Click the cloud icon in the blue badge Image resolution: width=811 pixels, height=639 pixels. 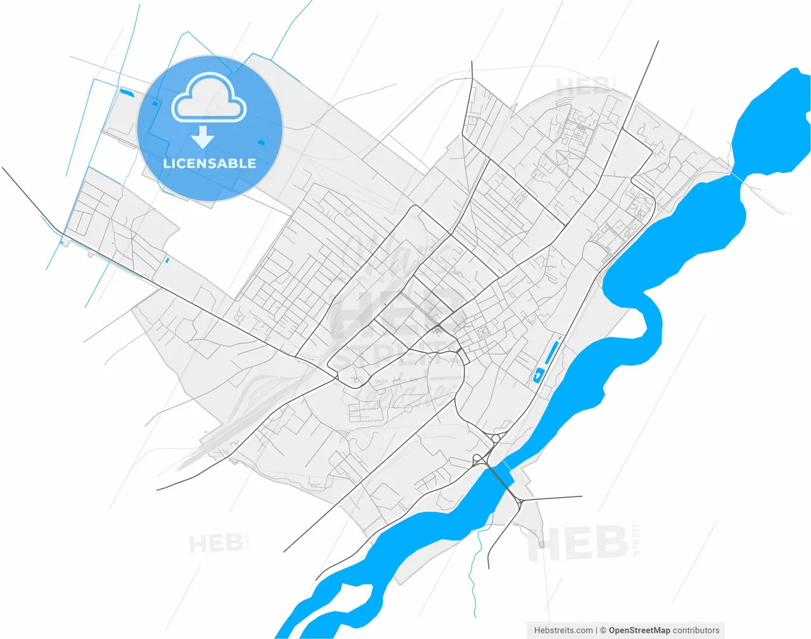click(209, 98)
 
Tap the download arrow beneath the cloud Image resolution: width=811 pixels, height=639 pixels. click(203, 137)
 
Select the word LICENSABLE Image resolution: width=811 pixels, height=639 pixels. click(209, 163)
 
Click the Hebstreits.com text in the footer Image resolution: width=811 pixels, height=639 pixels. click(563, 630)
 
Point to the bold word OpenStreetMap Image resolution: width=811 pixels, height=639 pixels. click(639, 630)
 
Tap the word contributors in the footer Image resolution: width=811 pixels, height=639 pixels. click(696, 630)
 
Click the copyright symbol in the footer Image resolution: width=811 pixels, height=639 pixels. click(603, 630)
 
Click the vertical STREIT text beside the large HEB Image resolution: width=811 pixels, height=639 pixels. click(636, 540)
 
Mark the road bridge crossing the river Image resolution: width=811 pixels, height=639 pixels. click(500, 476)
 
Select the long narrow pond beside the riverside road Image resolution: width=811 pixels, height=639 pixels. click(552, 351)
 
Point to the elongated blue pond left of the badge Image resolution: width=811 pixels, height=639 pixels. click(127, 93)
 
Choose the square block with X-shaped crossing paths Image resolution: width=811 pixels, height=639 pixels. click(483, 331)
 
